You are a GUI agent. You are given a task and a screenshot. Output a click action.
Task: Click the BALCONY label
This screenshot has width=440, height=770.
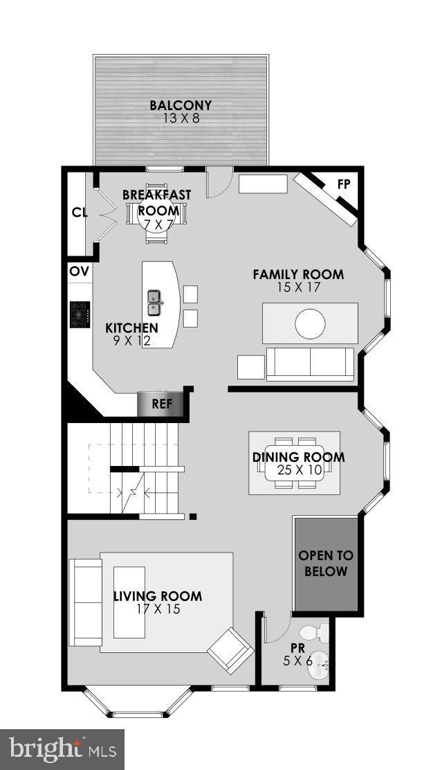(x=181, y=106)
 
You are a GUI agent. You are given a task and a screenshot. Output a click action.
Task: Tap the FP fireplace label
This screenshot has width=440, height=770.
(x=343, y=184)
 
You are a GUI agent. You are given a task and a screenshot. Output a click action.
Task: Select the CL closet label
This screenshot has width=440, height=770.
(x=80, y=213)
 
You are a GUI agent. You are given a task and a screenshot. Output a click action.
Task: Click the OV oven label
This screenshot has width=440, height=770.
(x=79, y=271)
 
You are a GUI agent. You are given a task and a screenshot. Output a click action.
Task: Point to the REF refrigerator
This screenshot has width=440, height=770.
(x=162, y=404)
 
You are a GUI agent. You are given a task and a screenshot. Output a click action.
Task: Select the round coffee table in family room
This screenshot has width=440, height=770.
(x=310, y=323)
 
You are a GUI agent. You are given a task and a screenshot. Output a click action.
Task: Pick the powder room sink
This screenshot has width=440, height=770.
(x=319, y=665)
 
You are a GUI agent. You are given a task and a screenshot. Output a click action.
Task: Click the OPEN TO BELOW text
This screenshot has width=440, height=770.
(x=326, y=564)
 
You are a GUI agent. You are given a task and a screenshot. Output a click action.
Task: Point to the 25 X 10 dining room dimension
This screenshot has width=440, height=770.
(x=298, y=471)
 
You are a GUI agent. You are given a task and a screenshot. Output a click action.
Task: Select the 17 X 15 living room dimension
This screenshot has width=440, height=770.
(x=158, y=609)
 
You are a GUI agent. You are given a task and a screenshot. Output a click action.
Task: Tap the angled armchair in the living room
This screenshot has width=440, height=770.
(x=230, y=650)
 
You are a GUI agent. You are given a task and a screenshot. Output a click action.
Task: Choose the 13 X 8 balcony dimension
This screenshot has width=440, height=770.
(x=181, y=118)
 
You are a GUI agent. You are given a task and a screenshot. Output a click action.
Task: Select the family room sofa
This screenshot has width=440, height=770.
(x=310, y=364)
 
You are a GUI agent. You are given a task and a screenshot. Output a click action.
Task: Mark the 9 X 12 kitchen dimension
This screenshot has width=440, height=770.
(x=131, y=340)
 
